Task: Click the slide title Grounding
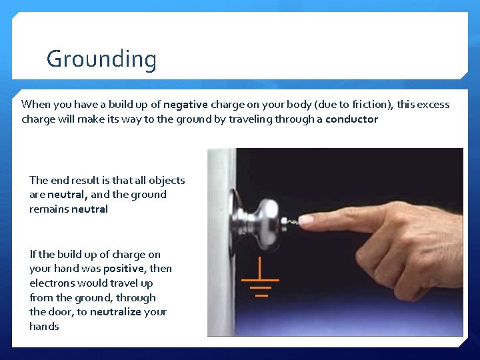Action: pyautogui.click(x=101, y=59)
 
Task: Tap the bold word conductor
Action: pyautogui.click(x=351, y=119)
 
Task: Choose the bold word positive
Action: pyautogui.click(x=123, y=269)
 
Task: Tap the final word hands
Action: pyautogui.click(x=44, y=327)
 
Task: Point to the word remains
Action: pyautogui.click(x=49, y=209)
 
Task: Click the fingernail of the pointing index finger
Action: pyautogui.click(x=307, y=219)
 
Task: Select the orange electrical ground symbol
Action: pyautogui.click(x=261, y=281)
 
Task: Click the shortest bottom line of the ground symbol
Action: pyautogui.click(x=261, y=294)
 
